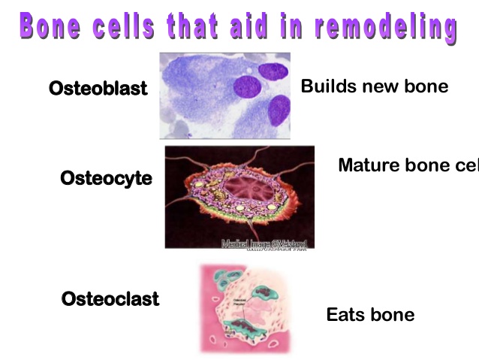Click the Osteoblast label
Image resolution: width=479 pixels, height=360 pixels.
pos(98,88)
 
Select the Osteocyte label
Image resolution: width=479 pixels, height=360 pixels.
pos(106,178)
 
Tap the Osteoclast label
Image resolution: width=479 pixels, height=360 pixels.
pos(110,298)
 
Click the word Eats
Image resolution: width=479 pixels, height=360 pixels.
pos(345,314)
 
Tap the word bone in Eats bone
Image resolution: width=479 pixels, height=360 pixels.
pos(392,314)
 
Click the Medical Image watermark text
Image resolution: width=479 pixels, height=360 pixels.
pos(266,243)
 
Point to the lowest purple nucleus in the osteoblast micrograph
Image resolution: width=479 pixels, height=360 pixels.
pos(279,111)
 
